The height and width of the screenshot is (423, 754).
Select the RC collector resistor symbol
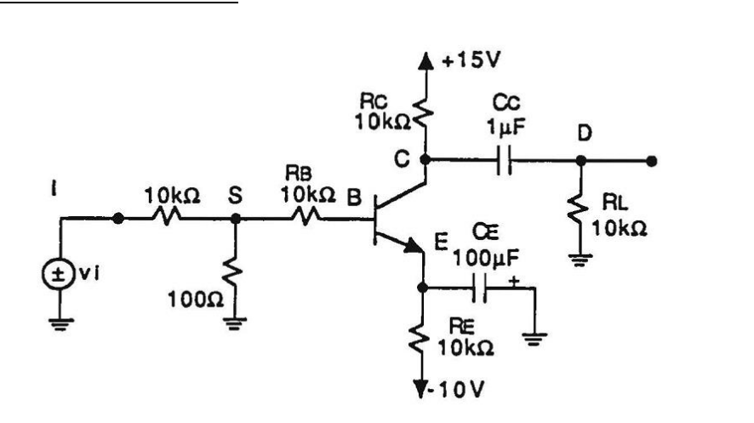pyautogui.click(x=424, y=114)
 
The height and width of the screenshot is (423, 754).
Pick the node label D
pyautogui.click(x=585, y=134)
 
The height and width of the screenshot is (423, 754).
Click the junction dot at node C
pyautogui.click(x=424, y=159)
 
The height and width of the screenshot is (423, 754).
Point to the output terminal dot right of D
pyautogui.click(x=651, y=159)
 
